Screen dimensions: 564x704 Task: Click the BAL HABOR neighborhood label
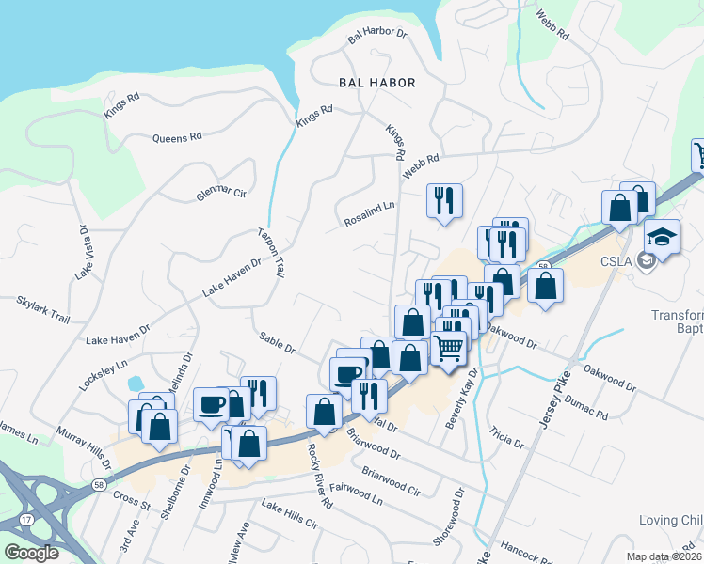click(376, 83)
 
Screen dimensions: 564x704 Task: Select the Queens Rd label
click(177, 137)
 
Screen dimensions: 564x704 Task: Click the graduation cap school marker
click(662, 235)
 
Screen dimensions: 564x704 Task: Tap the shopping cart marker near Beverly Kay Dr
click(450, 347)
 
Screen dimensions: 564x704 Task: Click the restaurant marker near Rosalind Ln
click(443, 199)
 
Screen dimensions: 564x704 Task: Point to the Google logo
click(33, 553)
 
